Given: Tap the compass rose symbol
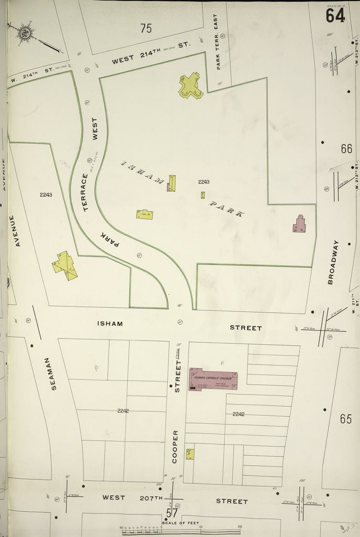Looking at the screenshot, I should point(25,33).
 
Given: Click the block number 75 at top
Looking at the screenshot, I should point(146,28).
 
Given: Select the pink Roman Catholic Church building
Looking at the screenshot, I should point(212,379).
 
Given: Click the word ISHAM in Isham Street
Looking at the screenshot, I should point(110,324).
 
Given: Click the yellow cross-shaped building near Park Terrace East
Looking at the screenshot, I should point(191,85).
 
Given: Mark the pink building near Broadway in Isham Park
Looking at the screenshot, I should point(300,224).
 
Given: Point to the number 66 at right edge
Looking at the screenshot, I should point(346,148).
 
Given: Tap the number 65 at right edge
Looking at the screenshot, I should point(345,419).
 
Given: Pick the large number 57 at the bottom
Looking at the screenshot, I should point(172,513).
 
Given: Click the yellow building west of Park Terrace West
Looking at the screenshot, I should point(65,265).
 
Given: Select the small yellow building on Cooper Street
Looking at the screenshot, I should point(190,454).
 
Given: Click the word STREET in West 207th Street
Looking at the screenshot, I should point(232,501).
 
